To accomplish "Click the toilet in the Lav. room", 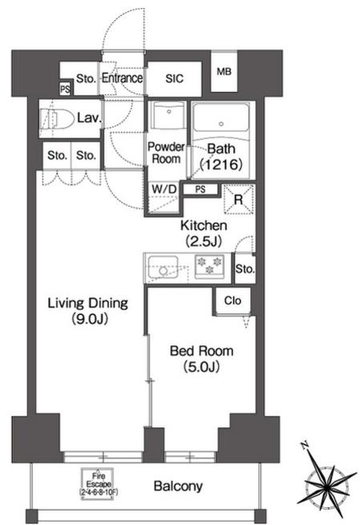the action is point(57,119).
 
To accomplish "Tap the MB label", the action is point(224,71).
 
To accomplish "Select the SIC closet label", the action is point(175,79).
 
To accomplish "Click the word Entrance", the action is point(122,78).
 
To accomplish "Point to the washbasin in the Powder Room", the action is point(168,115).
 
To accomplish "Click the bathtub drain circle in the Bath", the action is point(221,124).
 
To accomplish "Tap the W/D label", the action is point(164,189).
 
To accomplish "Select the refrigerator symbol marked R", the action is point(238,200).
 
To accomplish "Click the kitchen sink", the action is point(163,267).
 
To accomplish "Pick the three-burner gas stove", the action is point(209,266).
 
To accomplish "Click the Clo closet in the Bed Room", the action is point(233,301).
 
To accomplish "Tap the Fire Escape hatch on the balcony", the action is point(99,484).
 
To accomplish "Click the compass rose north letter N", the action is point(305,446).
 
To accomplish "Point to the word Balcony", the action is point(178,486).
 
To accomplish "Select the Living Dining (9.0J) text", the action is point(87,311).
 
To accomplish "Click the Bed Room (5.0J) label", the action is point(201,358).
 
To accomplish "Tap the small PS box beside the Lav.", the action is point(65,89).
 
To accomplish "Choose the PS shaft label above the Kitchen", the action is point(200,189).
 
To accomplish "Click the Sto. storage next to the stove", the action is point(245,269).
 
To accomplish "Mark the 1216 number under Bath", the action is point(221,164).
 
